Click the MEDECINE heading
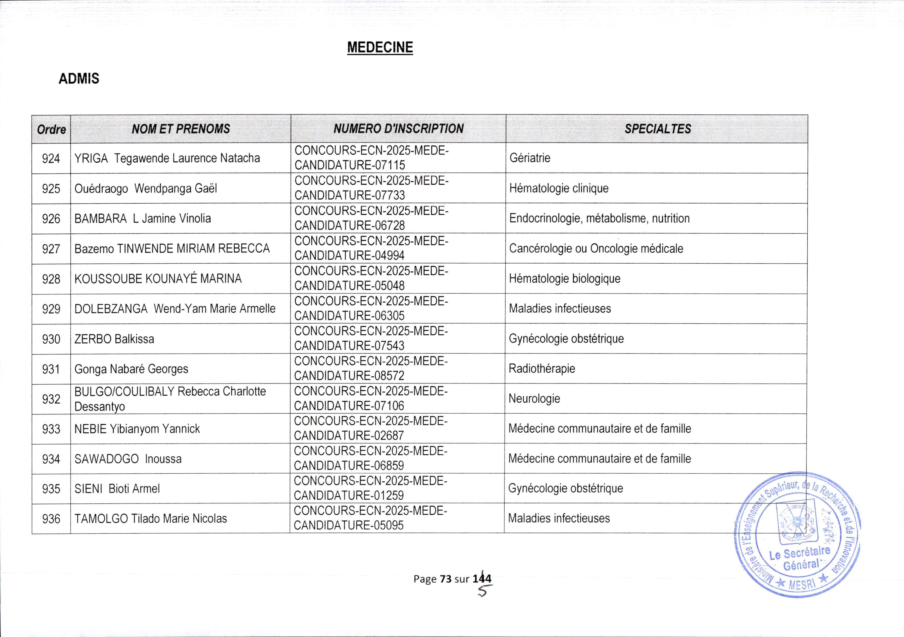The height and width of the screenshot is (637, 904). click(x=380, y=48)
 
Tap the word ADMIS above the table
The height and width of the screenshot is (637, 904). click(x=79, y=79)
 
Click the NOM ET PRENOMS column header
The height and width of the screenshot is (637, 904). click(x=181, y=129)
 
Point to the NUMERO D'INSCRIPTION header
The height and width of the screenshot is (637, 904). click(x=398, y=129)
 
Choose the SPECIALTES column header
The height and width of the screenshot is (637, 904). click(x=658, y=129)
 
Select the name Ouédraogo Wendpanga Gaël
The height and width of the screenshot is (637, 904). click(x=145, y=189)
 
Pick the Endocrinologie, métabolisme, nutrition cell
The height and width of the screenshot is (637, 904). click(x=599, y=219)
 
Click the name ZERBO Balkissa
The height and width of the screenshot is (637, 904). click(x=114, y=339)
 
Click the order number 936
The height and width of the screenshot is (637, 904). click(x=51, y=519)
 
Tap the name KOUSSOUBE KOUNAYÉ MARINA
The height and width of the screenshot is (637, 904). click(x=158, y=279)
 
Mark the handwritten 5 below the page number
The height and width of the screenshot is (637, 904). click(x=483, y=591)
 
